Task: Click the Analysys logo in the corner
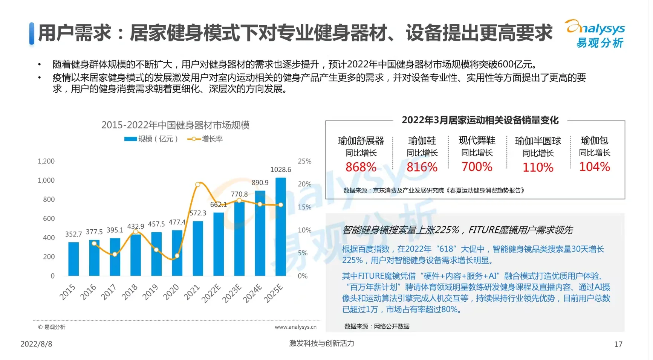595,34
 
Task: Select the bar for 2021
198,248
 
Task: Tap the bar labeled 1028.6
281,226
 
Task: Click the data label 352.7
73,234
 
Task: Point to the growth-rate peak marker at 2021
198,185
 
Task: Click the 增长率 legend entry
205,139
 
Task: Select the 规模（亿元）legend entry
151,139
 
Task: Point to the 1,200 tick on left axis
46,161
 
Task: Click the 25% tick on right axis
304,161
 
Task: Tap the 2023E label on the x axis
231,294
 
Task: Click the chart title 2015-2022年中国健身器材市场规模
175,125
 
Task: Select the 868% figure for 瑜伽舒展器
361,167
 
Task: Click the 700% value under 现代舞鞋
477,167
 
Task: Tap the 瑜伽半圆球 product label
538,141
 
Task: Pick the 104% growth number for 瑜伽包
594,167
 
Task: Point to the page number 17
618,344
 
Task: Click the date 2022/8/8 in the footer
36,344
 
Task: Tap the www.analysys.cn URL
295,327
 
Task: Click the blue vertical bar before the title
32,34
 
